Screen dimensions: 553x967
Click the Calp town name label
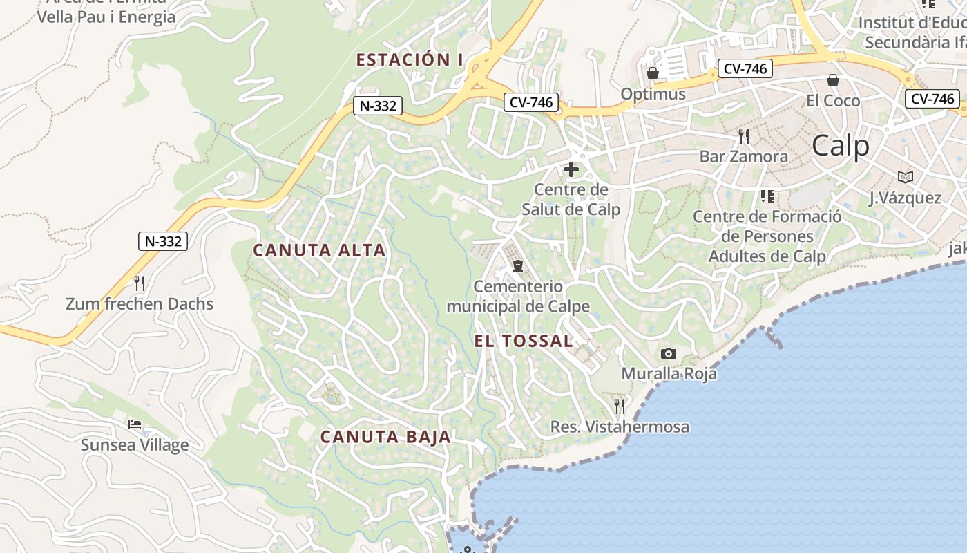tap(840, 146)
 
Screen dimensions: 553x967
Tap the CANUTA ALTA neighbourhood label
tap(319, 250)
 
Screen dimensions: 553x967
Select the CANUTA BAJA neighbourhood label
tap(385, 437)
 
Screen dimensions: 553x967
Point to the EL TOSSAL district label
tap(524, 341)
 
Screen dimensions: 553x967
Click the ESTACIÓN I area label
tap(410, 60)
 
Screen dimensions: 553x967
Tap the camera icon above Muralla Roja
tap(668, 354)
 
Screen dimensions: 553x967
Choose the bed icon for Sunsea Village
tap(135, 424)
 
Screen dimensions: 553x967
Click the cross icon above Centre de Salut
tap(571, 169)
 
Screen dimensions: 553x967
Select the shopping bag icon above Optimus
tap(652, 73)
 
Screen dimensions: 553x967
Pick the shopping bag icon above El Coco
tap(833, 80)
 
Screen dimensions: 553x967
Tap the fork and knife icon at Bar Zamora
tap(743, 135)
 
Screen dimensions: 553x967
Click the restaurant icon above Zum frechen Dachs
tap(140, 283)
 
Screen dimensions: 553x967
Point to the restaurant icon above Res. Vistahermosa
tap(620, 406)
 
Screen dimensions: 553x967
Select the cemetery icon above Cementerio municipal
tap(517, 265)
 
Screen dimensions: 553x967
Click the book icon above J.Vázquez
tap(905, 177)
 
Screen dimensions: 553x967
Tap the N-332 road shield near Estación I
tap(378, 106)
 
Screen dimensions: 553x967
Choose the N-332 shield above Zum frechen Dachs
tap(163, 241)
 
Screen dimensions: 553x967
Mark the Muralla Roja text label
tap(669, 374)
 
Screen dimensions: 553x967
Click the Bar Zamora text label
tap(743, 156)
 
